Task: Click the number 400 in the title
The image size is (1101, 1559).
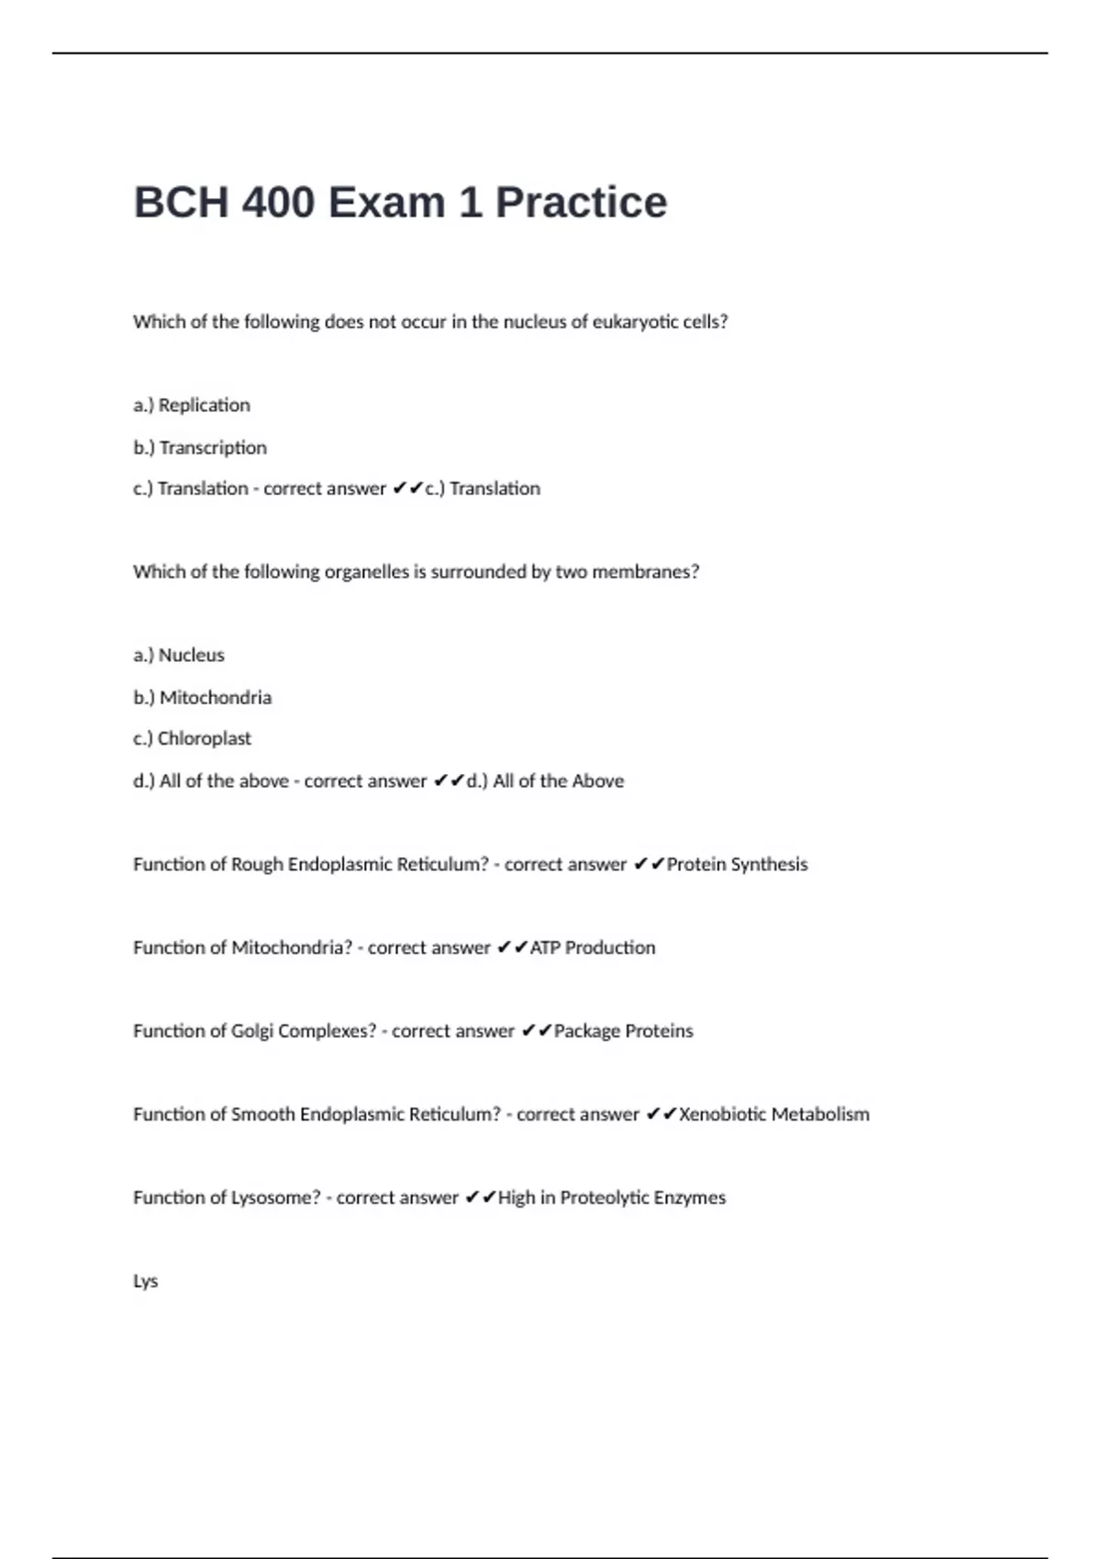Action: (279, 203)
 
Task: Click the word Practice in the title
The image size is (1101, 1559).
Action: (581, 203)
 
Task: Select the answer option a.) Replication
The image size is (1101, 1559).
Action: (191, 405)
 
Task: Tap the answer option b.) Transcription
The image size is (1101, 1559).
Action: (200, 448)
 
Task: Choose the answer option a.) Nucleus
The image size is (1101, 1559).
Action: (178, 656)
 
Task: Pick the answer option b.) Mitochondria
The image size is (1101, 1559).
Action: (202, 698)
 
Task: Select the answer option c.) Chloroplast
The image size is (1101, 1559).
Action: (192, 739)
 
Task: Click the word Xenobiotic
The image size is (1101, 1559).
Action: (721, 1114)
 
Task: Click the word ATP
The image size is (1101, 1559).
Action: (544, 948)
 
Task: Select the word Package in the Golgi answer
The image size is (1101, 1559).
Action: (586, 1032)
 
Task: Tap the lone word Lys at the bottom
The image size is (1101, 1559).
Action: (145, 1281)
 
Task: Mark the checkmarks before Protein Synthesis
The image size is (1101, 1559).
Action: (649, 865)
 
